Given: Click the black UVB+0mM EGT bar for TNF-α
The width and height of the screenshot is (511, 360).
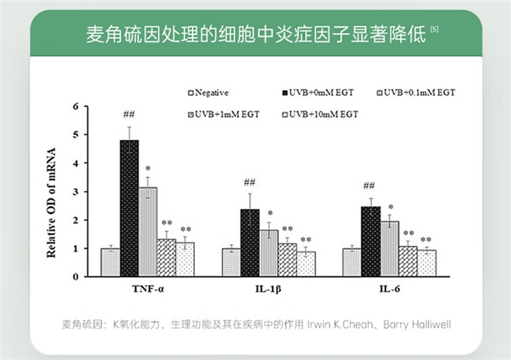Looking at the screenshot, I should (x=129, y=208).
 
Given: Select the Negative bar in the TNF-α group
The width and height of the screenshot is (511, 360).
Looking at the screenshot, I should (x=109, y=263).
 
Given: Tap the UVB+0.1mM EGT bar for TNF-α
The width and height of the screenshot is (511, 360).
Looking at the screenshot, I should (x=148, y=232).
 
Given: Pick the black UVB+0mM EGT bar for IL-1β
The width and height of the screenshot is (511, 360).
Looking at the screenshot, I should (x=250, y=243).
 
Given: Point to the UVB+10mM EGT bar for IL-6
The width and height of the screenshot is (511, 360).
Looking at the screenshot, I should (x=427, y=263).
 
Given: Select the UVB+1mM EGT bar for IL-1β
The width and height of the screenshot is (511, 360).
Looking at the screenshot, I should (x=288, y=260).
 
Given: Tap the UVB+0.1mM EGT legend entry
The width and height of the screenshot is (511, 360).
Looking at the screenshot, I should (x=417, y=93).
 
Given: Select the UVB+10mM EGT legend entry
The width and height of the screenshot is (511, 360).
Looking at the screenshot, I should (x=319, y=115).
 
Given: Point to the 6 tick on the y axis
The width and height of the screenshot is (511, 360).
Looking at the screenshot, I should (x=76, y=106).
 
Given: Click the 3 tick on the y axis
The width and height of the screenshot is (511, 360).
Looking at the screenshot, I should (x=76, y=192).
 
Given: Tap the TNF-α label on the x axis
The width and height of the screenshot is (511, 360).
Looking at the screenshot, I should (x=148, y=290).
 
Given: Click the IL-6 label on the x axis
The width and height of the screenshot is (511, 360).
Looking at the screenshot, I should (x=389, y=290).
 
